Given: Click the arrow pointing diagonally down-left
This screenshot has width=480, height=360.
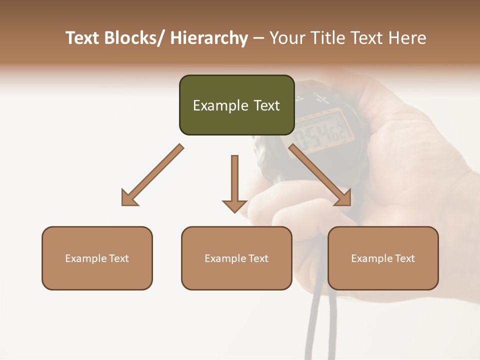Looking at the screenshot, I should (x=151, y=175).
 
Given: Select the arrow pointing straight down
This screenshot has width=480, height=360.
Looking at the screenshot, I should (x=234, y=183).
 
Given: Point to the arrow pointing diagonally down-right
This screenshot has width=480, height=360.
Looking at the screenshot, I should (x=320, y=175).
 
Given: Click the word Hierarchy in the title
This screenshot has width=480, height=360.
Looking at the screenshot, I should (x=209, y=38).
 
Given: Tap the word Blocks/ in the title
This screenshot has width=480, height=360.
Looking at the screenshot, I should (x=135, y=38).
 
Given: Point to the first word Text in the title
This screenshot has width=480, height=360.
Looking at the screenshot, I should (x=83, y=38).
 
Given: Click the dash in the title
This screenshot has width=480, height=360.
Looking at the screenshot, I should (x=258, y=38).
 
